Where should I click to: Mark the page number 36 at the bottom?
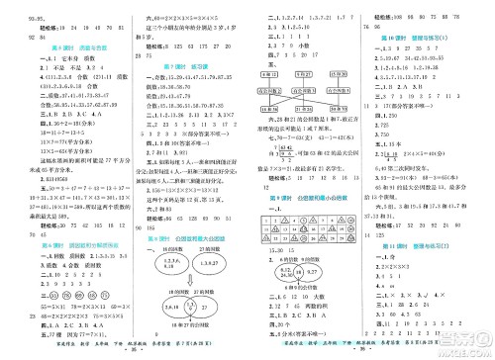tap(366, 352)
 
